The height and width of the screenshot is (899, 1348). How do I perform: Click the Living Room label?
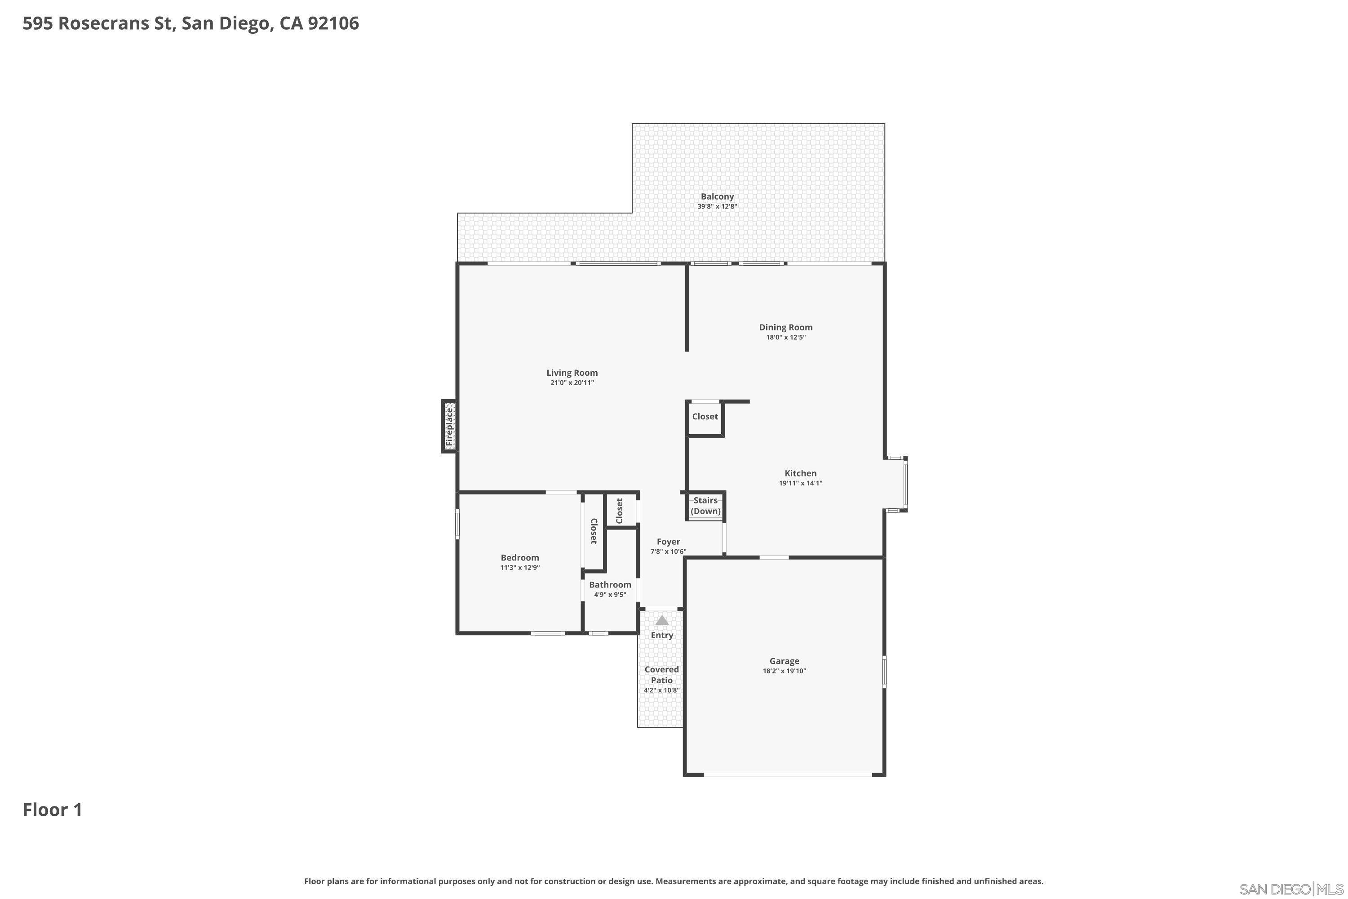click(x=572, y=373)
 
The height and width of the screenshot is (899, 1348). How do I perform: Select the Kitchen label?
click(x=800, y=473)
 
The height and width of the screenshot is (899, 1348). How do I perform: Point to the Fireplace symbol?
click(x=449, y=427)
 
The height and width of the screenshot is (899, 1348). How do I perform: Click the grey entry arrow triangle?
click(x=661, y=620)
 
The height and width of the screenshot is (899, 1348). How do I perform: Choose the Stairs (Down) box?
click(x=705, y=506)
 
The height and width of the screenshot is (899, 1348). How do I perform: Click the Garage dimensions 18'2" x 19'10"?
click(x=784, y=671)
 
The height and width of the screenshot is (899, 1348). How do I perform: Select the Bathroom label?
click(x=610, y=585)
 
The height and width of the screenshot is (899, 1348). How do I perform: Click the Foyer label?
click(x=668, y=542)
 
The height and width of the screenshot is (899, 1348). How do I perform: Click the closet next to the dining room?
click(x=705, y=417)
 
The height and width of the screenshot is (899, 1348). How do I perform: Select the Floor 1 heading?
click(x=52, y=810)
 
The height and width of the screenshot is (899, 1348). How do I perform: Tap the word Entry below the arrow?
click(x=661, y=635)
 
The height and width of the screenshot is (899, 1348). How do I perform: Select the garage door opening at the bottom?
click(x=788, y=775)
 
